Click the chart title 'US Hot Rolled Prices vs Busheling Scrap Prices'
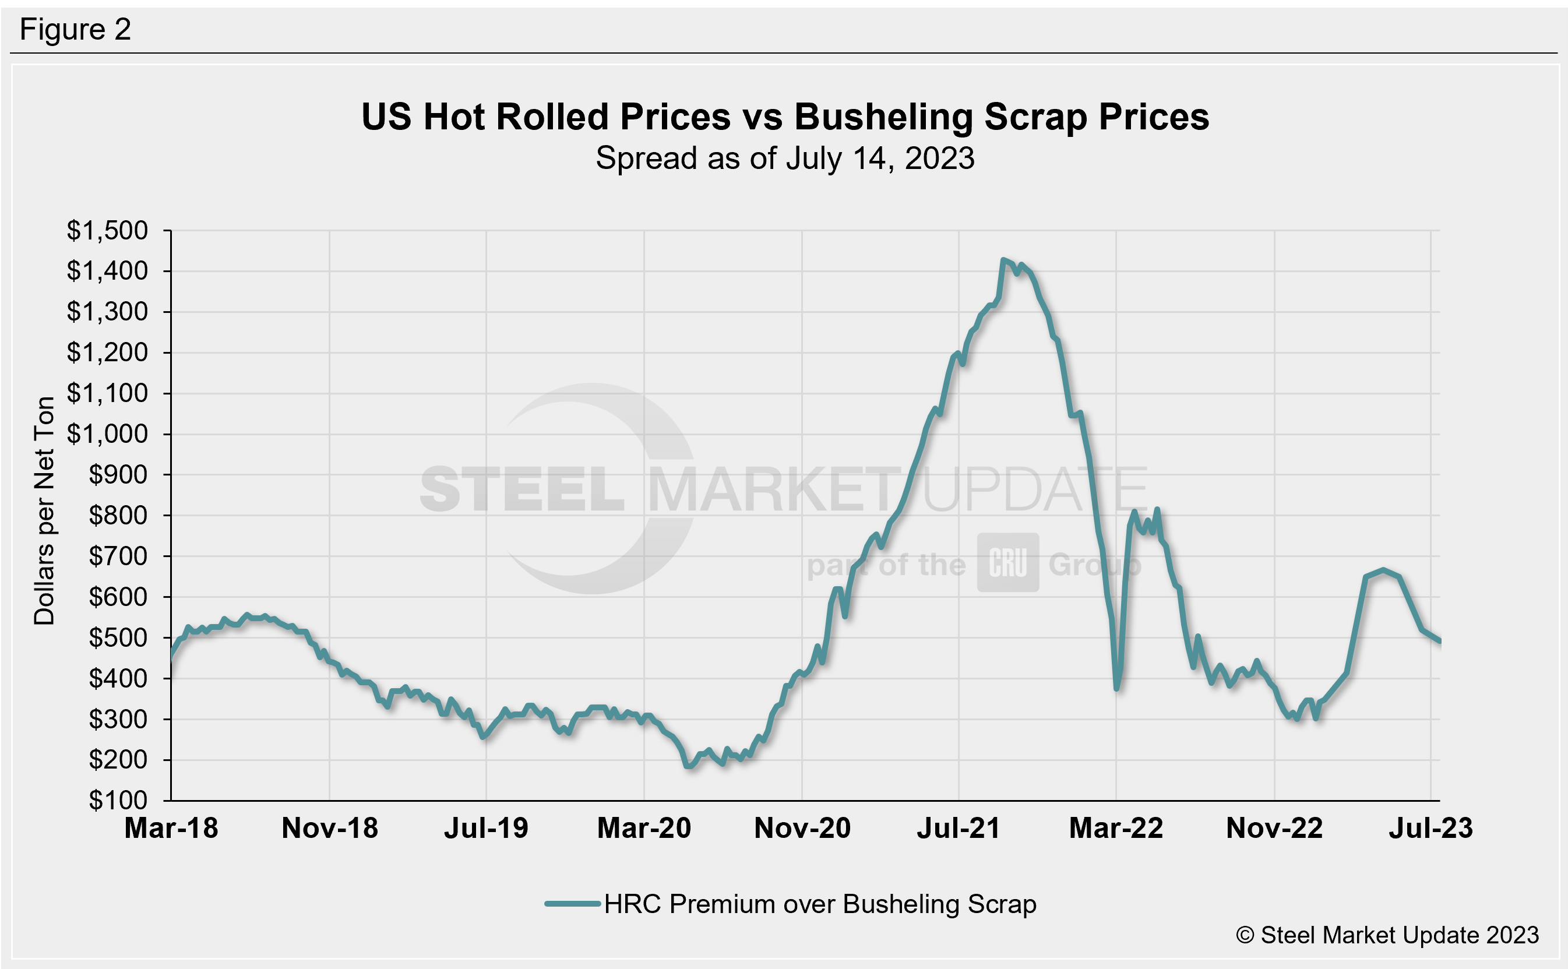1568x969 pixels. point(784,117)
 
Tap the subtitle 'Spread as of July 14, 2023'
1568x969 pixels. point(784,158)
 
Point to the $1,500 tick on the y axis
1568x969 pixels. point(107,231)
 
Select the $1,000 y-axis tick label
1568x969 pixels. point(107,435)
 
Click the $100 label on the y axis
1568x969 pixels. point(118,801)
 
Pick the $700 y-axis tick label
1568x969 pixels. point(118,556)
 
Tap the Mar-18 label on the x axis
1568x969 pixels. point(171,828)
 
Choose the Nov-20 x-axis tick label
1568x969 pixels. point(802,828)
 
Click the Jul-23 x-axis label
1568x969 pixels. point(1430,828)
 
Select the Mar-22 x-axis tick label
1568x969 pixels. point(1116,828)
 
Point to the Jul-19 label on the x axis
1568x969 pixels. point(486,828)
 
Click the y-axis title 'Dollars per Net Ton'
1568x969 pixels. point(44,511)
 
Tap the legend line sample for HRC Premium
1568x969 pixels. point(572,904)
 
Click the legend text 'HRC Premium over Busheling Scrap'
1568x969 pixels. point(820,904)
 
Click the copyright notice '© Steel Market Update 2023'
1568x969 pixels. point(1387,935)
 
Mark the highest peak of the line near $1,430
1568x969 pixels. point(1003,260)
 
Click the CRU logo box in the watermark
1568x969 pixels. point(1007,562)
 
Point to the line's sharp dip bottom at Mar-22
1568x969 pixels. point(1116,688)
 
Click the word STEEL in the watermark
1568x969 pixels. point(522,489)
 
